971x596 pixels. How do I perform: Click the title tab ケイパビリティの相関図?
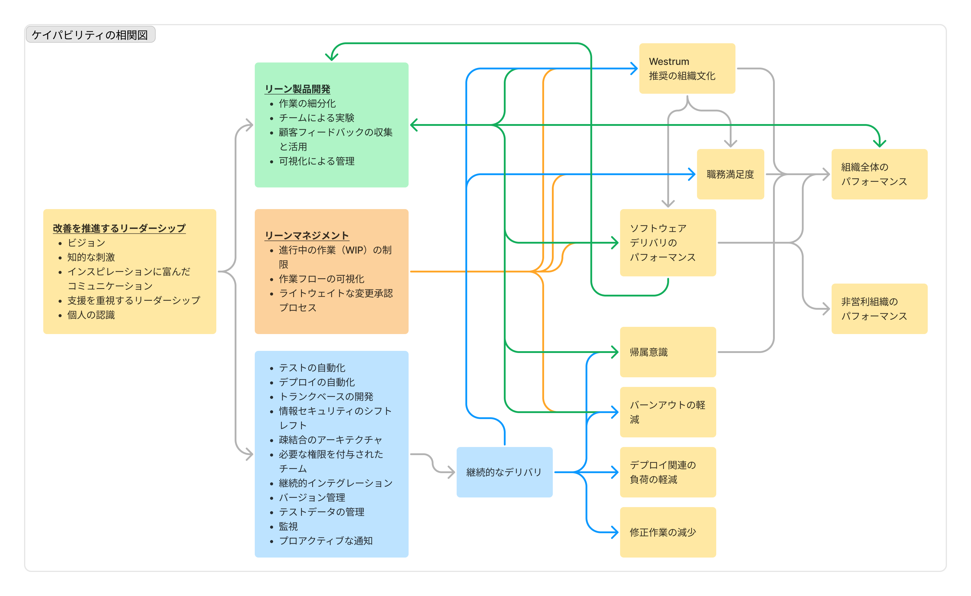click(x=90, y=35)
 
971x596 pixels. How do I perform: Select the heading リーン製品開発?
click(x=298, y=89)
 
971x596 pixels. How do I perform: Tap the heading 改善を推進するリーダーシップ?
click(x=119, y=228)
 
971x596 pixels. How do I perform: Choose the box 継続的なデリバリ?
click(x=504, y=472)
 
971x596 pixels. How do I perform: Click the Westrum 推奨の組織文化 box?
click(x=687, y=68)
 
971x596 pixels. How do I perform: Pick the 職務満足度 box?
click(x=730, y=174)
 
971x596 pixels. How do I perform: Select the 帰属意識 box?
click(x=668, y=352)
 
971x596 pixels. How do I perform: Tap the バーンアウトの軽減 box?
click(x=668, y=412)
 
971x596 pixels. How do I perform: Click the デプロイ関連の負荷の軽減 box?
click(x=668, y=472)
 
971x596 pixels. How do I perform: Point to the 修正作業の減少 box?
click(x=668, y=532)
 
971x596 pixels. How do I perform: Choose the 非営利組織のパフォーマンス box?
click(x=879, y=309)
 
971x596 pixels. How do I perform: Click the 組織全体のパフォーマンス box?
click(x=879, y=174)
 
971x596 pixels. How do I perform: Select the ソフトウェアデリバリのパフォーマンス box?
click(x=668, y=242)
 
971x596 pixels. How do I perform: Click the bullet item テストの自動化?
click(x=312, y=368)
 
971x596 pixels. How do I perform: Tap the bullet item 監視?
click(x=288, y=526)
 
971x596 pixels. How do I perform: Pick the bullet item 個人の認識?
click(x=91, y=315)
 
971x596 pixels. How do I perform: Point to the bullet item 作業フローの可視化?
click(x=321, y=279)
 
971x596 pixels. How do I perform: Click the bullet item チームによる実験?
click(x=317, y=118)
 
